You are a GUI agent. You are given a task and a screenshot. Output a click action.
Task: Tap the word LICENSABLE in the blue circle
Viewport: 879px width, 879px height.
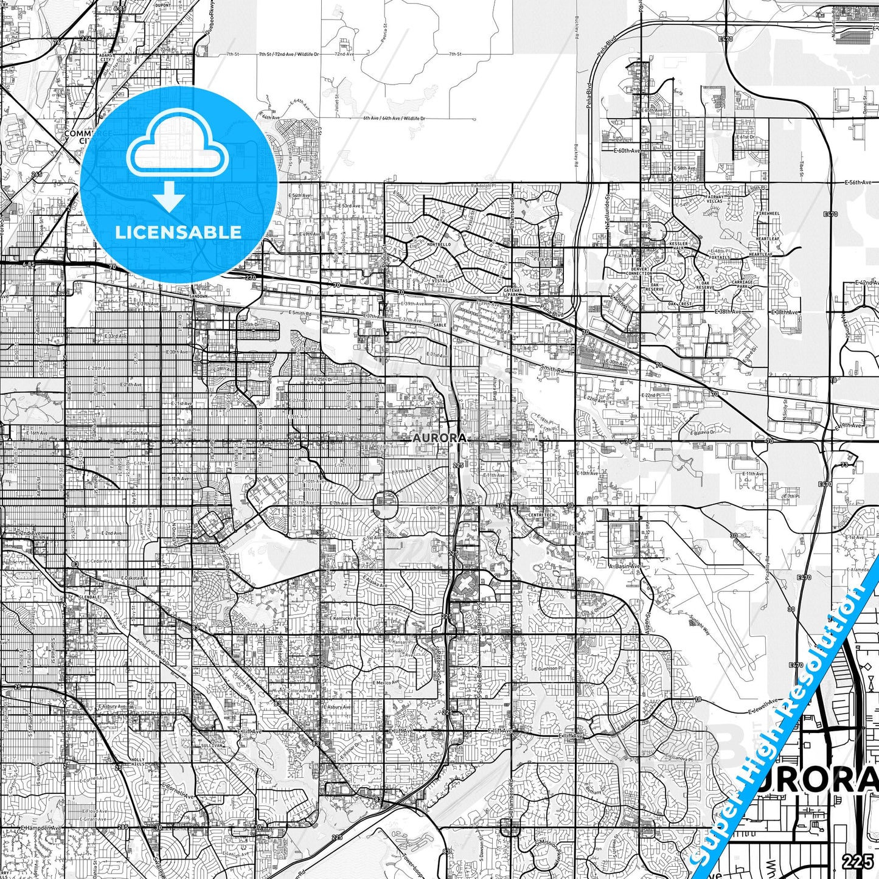[x=178, y=232]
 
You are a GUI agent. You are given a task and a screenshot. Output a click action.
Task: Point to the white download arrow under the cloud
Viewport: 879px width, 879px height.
[x=169, y=196]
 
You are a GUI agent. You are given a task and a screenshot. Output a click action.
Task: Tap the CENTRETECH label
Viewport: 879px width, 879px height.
[x=541, y=515]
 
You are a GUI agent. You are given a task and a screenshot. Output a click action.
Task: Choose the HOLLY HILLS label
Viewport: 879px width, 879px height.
[x=137, y=762]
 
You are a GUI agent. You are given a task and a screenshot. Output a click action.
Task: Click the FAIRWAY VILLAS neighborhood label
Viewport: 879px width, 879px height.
[x=715, y=199]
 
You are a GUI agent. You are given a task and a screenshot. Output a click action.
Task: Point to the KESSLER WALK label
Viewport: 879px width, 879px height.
[x=678, y=246]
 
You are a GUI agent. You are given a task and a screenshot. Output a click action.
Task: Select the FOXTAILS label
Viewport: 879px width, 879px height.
[x=720, y=257]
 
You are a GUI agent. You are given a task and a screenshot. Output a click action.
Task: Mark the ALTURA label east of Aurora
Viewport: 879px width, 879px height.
[x=530, y=438]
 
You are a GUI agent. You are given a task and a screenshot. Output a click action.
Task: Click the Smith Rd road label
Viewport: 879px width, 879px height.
[x=552, y=369]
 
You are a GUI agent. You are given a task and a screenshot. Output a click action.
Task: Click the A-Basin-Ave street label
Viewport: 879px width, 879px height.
[x=624, y=566]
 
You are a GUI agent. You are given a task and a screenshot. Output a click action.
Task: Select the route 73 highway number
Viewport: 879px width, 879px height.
[x=844, y=465]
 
